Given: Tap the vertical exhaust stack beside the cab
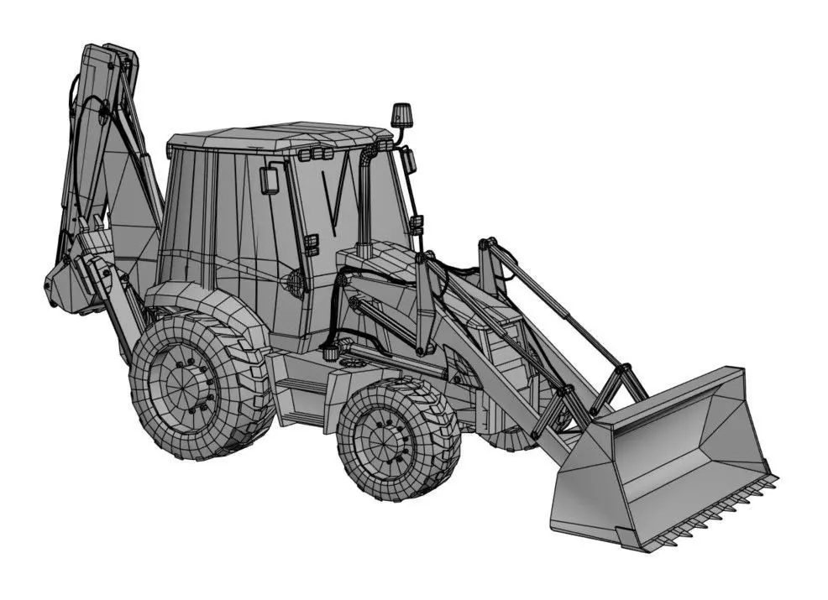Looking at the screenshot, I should (x=364, y=201).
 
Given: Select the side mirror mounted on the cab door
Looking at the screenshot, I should (x=270, y=180).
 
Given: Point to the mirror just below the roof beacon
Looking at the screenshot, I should (x=409, y=159).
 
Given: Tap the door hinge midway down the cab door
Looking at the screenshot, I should (x=311, y=245).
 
